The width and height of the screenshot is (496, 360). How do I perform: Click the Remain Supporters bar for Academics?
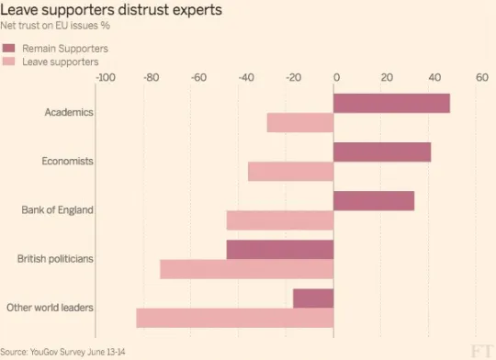[391, 103]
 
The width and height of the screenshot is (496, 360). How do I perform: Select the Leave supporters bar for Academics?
[300, 123]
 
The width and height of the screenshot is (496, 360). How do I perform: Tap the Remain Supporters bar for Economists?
[382, 152]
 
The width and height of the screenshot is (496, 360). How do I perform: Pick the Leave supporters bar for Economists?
[290, 172]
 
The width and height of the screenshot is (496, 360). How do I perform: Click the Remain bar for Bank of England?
[374, 201]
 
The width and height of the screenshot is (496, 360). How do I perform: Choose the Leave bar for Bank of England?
[280, 220]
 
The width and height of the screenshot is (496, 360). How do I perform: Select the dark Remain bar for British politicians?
[280, 250]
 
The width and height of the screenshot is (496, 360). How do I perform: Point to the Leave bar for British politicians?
[247, 269]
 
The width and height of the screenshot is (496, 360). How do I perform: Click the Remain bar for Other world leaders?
[313, 298]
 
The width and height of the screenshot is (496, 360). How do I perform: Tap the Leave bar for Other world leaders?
[235, 319]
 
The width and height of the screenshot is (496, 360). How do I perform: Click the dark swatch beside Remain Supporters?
[8, 48]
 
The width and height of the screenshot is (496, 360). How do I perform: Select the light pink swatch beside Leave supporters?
[8, 62]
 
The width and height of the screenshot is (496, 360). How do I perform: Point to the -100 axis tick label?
[106, 77]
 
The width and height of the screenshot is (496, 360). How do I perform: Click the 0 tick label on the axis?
[336, 77]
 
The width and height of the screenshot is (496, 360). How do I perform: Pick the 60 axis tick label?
[482, 77]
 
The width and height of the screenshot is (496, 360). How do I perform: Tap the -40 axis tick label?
[246, 77]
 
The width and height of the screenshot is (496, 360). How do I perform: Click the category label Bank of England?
[57, 210]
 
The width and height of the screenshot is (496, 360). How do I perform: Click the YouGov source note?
[62, 352]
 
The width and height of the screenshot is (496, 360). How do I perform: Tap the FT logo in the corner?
[481, 351]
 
